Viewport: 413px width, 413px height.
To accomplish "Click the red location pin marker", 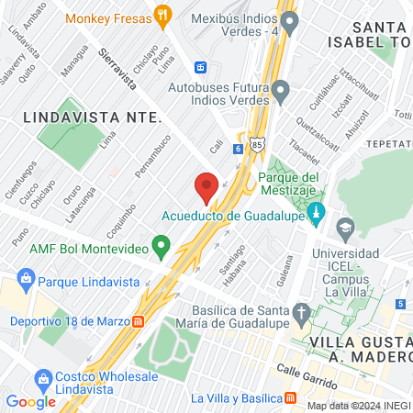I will tap(206, 187).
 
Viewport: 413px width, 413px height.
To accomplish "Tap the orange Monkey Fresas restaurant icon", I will tap(163, 14).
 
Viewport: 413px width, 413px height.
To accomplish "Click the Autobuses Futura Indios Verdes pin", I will tap(282, 91).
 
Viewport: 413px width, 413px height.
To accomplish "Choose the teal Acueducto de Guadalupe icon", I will tap(317, 215).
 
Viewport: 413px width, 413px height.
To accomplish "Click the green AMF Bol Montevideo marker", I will tap(162, 245).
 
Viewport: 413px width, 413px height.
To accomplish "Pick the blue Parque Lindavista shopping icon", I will tap(26, 278).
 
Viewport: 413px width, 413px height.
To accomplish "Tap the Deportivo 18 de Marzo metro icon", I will tap(139, 321).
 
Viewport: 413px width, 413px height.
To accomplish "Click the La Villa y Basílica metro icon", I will tap(291, 397).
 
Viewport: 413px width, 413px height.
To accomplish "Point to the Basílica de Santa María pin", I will tap(302, 314).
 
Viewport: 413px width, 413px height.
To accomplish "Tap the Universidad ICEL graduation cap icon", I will tap(345, 227).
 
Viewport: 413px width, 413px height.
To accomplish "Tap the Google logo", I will tap(31, 401).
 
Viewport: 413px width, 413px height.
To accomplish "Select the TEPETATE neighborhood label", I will tap(389, 144).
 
